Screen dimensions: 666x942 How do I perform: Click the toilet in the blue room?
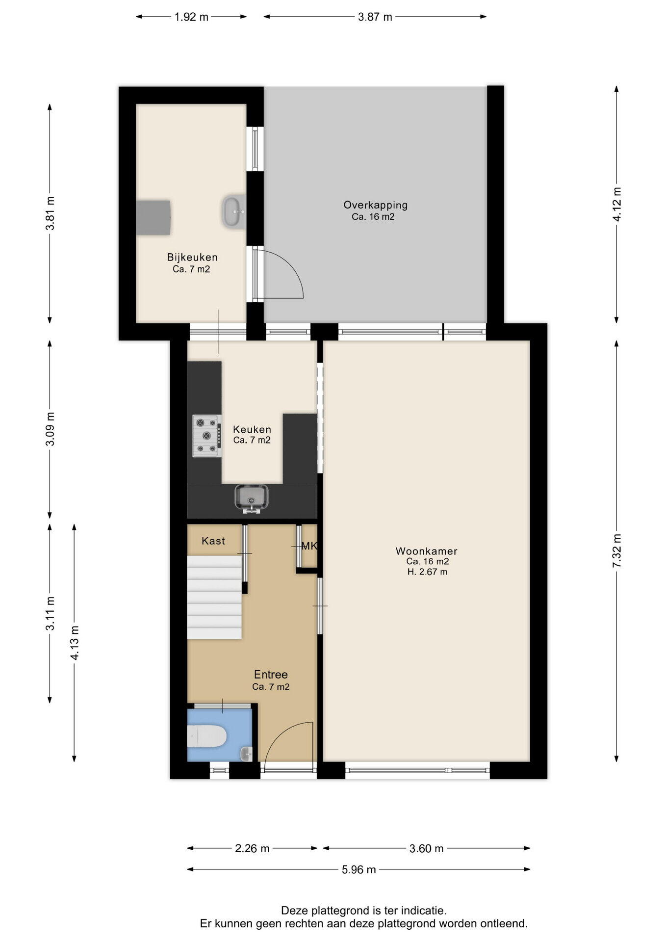(x=206, y=736)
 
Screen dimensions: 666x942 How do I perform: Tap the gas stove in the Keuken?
(x=206, y=436)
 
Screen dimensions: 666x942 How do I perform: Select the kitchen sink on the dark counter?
(x=252, y=498)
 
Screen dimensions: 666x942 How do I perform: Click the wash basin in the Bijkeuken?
(x=234, y=212)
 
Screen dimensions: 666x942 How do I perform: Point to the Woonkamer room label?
(x=427, y=551)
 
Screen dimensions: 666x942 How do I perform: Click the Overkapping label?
(x=375, y=205)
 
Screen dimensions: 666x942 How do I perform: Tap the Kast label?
(x=213, y=541)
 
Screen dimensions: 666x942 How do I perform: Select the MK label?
(x=309, y=546)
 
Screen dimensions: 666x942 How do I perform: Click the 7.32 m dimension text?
(x=617, y=551)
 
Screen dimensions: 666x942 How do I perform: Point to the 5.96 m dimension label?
(x=359, y=869)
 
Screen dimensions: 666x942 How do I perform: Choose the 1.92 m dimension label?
(x=191, y=17)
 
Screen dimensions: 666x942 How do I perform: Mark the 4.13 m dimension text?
(x=75, y=643)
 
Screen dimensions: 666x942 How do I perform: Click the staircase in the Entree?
(x=214, y=597)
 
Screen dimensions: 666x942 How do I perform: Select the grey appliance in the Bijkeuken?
(x=153, y=217)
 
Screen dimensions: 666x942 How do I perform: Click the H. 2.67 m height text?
(x=427, y=572)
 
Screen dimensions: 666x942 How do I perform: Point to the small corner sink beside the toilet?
(x=247, y=753)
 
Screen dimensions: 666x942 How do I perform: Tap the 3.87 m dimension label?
(x=375, y=17)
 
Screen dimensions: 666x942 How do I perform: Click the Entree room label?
(x=271, y=674)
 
